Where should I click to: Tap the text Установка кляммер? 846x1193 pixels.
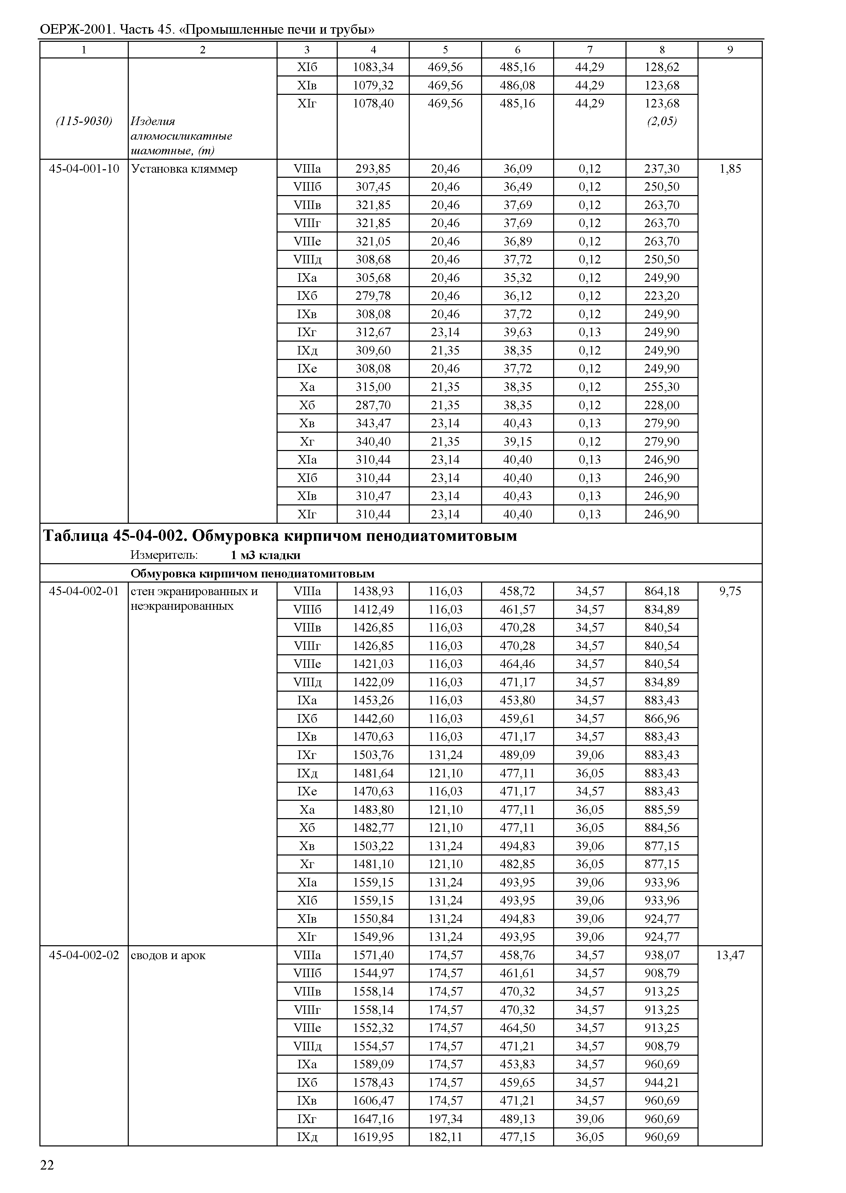184,169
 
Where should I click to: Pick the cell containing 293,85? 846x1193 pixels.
373,169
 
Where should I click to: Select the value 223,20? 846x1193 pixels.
662,296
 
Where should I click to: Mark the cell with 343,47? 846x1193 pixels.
373,423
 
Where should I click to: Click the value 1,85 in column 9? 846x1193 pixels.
730,169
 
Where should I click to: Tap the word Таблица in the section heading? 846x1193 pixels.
75,536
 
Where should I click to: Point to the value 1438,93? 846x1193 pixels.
373,591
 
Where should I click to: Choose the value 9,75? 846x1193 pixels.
730,591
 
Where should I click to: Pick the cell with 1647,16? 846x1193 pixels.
373,1119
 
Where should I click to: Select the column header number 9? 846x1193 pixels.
730,50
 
